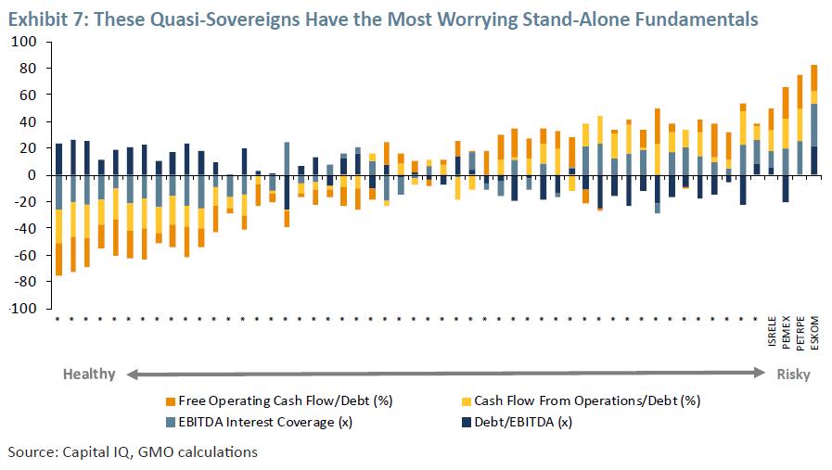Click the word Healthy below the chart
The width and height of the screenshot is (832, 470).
point(89,375)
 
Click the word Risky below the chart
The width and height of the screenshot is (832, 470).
point(794,375)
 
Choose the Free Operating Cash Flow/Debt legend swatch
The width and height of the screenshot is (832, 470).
point(170,401)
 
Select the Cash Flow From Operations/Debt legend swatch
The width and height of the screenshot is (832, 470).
point(466,401)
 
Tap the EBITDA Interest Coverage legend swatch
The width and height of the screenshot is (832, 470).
point(170,422)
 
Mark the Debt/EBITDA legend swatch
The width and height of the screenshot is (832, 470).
point(466,422)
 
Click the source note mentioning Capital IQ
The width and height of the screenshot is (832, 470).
point(133,452)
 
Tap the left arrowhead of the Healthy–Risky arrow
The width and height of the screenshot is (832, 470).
point(132,375)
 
